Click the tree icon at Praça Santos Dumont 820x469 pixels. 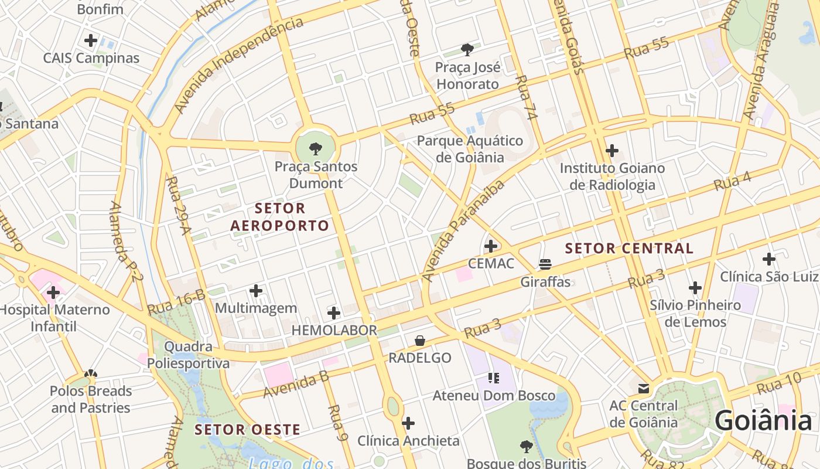(x=315, y=148)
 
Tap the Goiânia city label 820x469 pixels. (x=763, y=421)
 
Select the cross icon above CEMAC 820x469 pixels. (x=491, y=246)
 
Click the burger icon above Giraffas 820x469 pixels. (x=545, y=264)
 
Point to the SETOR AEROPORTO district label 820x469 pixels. (x=280, y=217)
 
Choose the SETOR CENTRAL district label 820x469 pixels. (x=629, y=248)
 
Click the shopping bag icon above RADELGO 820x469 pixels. (x=420, y=341)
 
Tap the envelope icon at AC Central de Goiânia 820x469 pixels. (x=644, y=388)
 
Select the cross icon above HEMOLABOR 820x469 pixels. (x=334, y=313)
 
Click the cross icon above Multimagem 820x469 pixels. (x=256, y=291)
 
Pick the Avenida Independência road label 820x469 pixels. (x=239, y=64)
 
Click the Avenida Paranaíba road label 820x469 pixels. (x=463, y=232)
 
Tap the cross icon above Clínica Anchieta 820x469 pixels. (x=408, y=423)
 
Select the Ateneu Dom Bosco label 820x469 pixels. (x=494, y=396)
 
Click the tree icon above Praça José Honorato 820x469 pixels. (x=467, y=50)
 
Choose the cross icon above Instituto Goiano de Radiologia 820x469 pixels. (x=612, y=151)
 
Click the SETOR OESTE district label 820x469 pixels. (x=248, y=430)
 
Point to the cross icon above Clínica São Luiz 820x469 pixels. (x=768, y=259)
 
